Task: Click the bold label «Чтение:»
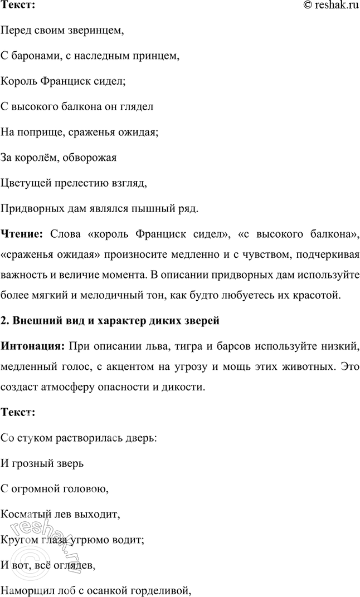pos(22,234)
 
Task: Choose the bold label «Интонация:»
pos(33,348)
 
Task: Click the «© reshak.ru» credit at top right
pos(330,5)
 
